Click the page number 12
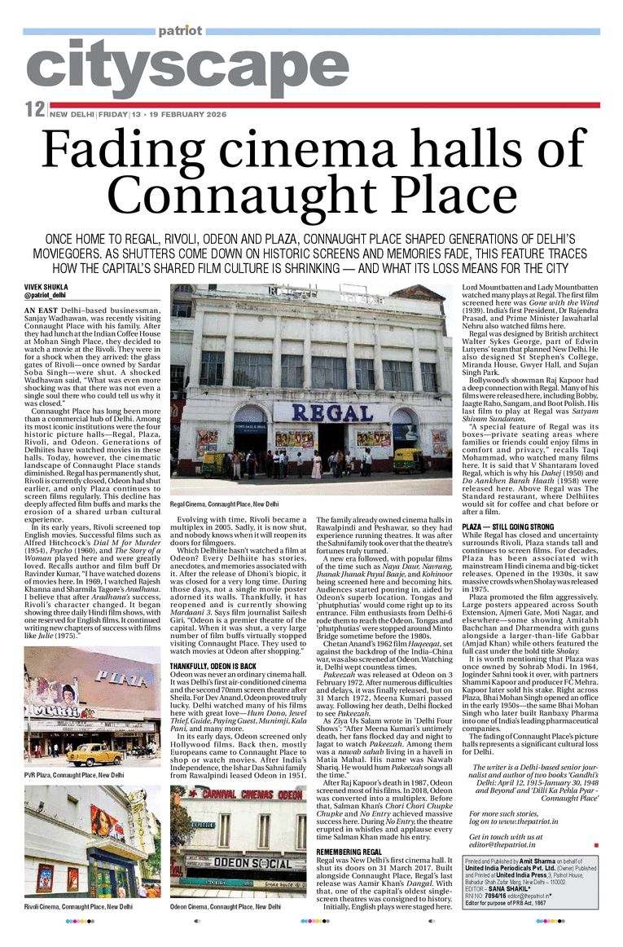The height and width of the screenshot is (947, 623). [x=34, y=109]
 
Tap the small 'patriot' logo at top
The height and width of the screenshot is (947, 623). [x=180, y=31]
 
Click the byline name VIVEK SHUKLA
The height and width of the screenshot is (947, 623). [x=46, y=288]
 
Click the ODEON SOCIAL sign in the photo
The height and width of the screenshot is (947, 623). [x=241, y=863]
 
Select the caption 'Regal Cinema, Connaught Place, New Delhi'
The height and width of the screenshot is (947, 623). [x=224, y=504]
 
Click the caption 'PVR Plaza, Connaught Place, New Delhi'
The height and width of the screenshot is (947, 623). [x=74, y=775]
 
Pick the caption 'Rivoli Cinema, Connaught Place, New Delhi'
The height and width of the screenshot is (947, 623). [x=78, y=906]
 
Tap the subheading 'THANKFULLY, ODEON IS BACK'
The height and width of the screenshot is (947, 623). [x=213, y=667]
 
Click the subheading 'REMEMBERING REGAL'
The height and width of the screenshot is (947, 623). [x=349, y=852]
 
